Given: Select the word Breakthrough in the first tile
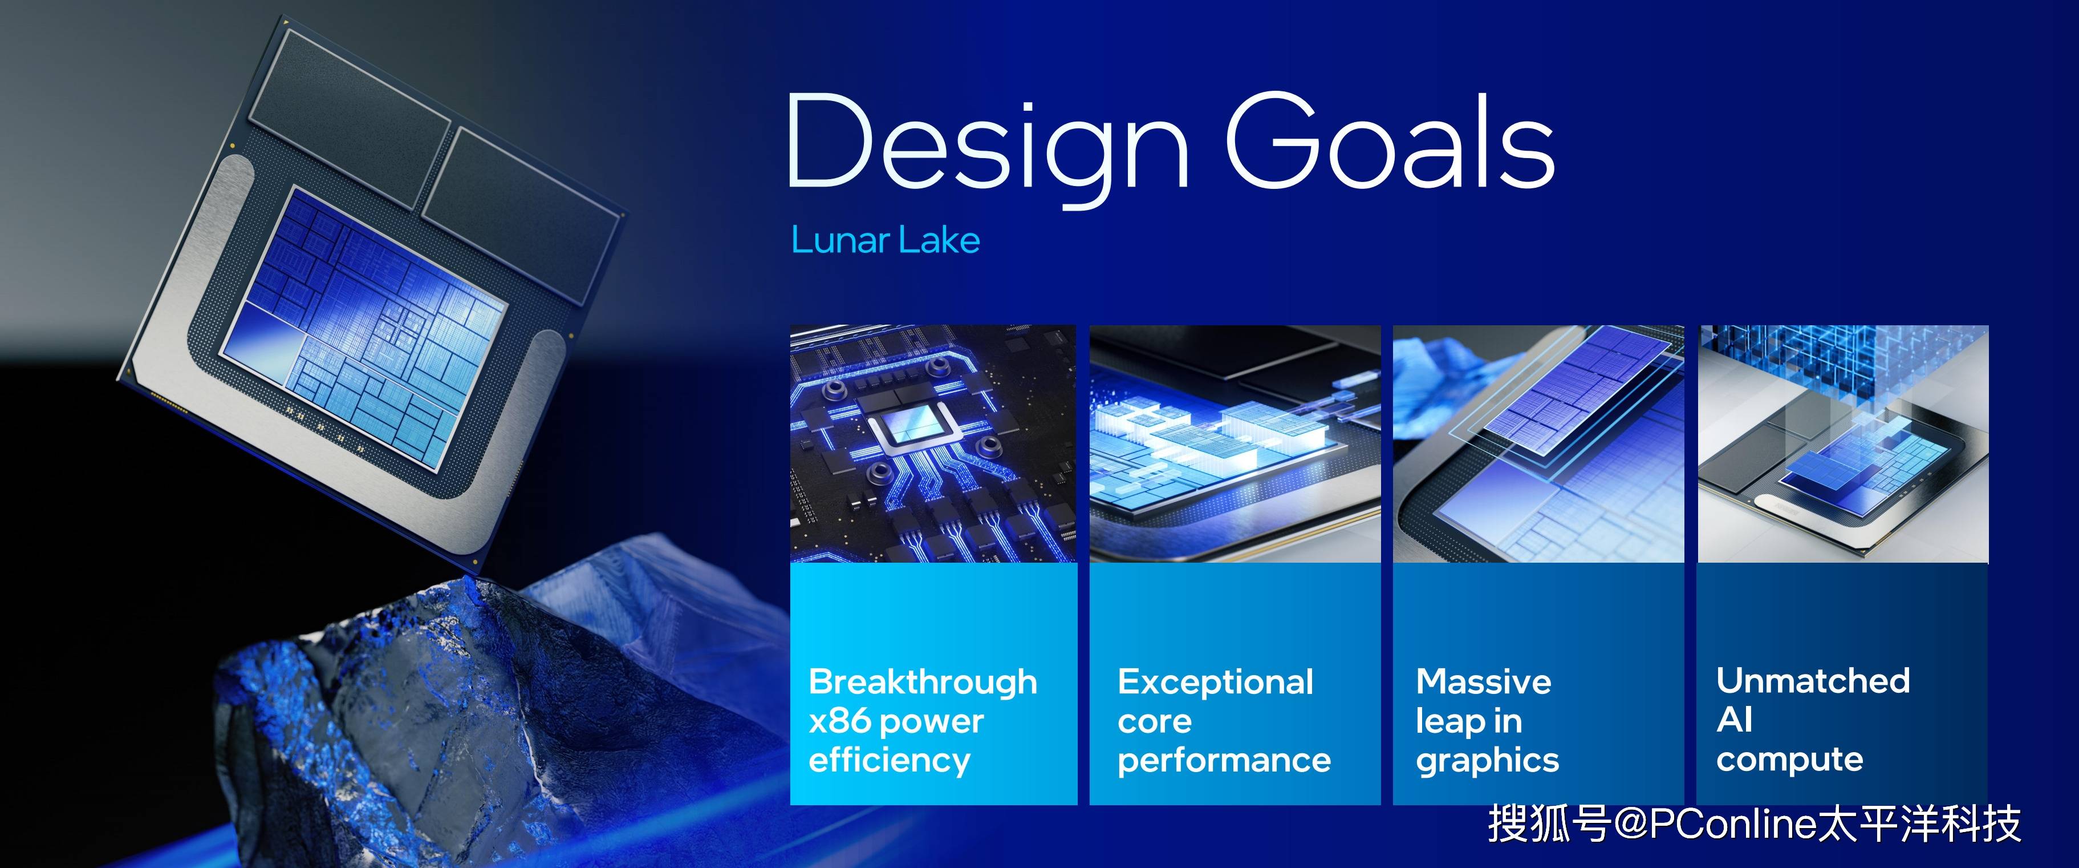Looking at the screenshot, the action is click(x=923, y=683).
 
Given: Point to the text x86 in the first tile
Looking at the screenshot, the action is click(x=839, y=720).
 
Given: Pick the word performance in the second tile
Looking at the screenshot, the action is click(x=1224, y=761).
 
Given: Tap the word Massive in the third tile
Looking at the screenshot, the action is click(x=1483, y=683).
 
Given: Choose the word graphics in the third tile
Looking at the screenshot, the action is click(x=1488, y=761).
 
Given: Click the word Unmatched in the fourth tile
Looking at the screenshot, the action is click(x=1813, y=681).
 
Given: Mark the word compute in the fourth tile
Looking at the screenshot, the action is click(x=1790, y=759).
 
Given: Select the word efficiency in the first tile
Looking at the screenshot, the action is click(x=890, y=761).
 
